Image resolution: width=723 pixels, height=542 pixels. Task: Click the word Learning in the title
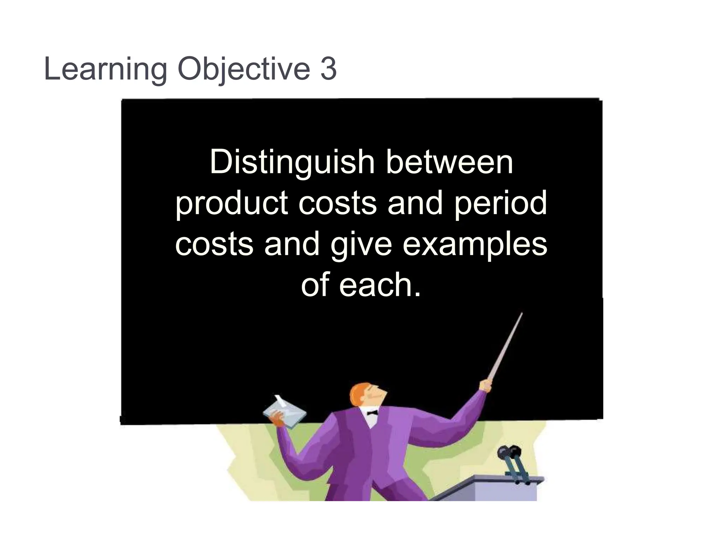[105, 69]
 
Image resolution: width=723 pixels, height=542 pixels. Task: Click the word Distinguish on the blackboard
[292, 163]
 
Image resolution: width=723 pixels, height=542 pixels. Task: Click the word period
[501, 204]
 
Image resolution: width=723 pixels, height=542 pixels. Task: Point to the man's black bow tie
[372, 412]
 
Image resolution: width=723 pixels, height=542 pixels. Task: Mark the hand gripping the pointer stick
[485, 385]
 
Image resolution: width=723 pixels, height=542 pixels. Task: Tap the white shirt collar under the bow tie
[370, 420]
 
